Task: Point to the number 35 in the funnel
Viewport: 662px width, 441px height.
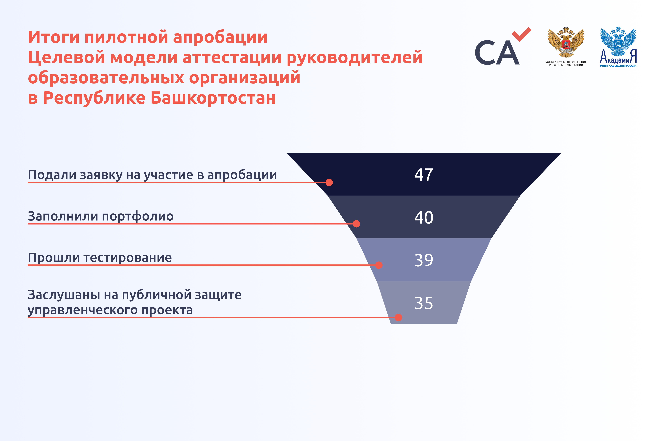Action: point(424,303)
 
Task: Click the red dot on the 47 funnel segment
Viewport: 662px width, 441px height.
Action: point(329,182)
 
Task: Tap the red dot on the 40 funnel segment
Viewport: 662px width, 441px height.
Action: point(356,224)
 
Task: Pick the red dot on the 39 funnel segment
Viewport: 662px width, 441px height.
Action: point(379,265)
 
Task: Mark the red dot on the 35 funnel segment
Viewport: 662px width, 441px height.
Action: point(398,318)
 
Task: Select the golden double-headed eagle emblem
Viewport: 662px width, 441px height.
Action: point(566,43)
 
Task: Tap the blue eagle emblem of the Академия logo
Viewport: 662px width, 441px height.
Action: point(618,42)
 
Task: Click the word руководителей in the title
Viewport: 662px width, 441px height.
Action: point(355,58)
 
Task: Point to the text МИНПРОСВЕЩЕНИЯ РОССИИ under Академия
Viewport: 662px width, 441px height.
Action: point(618,66)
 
